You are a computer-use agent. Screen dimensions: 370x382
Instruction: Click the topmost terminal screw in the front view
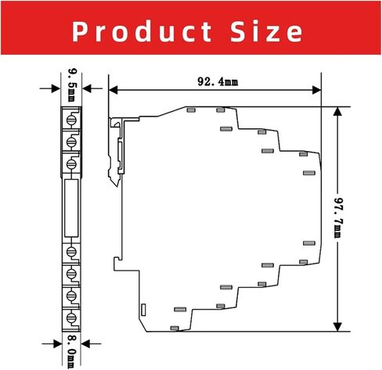[72, 120]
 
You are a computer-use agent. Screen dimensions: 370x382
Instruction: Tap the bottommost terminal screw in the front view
[72, 319]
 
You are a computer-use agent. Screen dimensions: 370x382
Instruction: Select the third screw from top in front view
[72, 163]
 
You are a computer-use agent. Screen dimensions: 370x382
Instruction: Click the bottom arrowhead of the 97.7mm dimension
[337, 327]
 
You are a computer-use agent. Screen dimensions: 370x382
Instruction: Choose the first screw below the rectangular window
[72, 252]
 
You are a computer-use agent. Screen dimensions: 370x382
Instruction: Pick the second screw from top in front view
[72, 142]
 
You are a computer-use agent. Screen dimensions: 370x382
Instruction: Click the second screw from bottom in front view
[72, 296]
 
